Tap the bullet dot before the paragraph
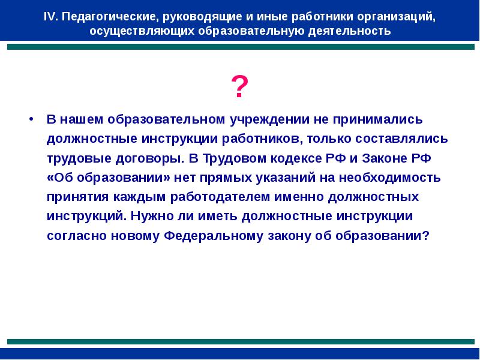click(30, 119)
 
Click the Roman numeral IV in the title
click(50, 17)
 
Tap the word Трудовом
click(233, 158)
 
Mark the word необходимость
click(384, 178)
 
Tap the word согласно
click(76, 236)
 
